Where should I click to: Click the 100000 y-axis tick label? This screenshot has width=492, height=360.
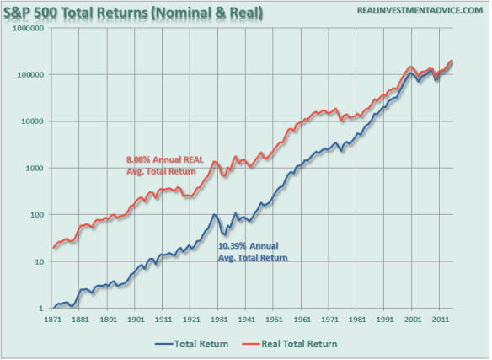click(30, 74)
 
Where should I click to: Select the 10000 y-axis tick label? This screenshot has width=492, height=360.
click(33, 121)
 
